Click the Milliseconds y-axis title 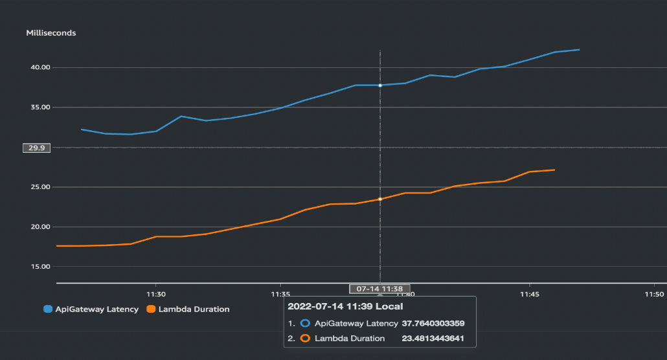tap(51, 33)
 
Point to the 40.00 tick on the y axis tap(40, 67)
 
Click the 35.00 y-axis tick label tap(40, 107)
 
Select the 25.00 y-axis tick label tap(40, 187)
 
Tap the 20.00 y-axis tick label tap(40, 227)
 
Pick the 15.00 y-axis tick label tap(40, 267)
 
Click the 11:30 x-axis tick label tap(155, 293)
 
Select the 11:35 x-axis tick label tap(280, 293)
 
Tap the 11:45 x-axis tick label tap(530, 293)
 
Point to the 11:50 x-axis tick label tap(655, 293)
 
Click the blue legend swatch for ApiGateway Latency tap(48, 309)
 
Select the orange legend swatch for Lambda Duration tap(152, 309)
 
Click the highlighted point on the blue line tap(380, 85)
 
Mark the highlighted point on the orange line tap(380, 199)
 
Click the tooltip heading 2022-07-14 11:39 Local tap(345, 306)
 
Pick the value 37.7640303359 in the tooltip tap(433, 323)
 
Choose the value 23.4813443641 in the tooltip tap(433, 339)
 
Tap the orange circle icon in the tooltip tap(306, 339)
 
